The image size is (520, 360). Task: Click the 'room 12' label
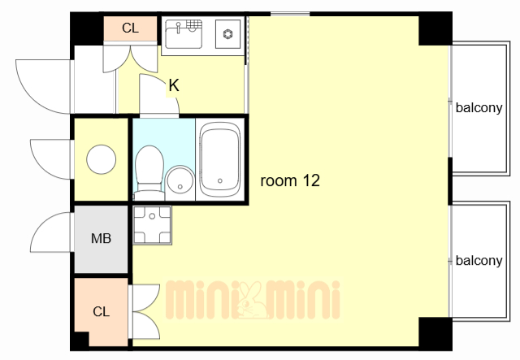click(x=290, y=181)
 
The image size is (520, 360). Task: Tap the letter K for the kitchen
click(x=174, y=85)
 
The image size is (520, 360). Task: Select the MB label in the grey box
click(x=101, y=238)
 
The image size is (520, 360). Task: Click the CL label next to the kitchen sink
click(x=130, y=28)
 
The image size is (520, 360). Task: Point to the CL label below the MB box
click(x=101, y=311)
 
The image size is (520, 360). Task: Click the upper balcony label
click(x=479, y=108)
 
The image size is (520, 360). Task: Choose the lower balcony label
click(x=479, y=261)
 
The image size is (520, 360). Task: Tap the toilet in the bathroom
click(x=149, y=172)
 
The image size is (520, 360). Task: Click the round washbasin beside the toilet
click(x=180, y=183)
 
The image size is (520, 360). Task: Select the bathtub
click(x=220, y=159)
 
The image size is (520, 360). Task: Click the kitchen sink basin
click(x=184, y=34)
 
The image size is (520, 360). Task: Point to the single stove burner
click(x=227, y=34)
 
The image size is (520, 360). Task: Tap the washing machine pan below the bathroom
click(x=152, y=225)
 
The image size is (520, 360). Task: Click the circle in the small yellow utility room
click(x=101, y=159)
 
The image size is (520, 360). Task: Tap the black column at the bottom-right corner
click(x=435, y=333)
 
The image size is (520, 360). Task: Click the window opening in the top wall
click(x=290, y=14)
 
